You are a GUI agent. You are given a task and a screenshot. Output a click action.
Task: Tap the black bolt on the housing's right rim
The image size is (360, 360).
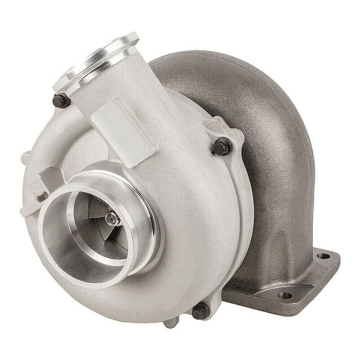(x=222, y=146)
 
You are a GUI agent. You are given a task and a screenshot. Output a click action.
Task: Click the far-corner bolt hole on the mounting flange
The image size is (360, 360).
(x=322, y=256)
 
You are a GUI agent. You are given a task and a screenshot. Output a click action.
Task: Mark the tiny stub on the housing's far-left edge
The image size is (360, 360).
(x=25, y=157)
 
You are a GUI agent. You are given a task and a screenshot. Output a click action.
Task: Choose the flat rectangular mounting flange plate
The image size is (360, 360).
(x=288, y=283)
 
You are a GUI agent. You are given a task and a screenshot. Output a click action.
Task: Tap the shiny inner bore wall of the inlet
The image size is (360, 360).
(x=72, y=243)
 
